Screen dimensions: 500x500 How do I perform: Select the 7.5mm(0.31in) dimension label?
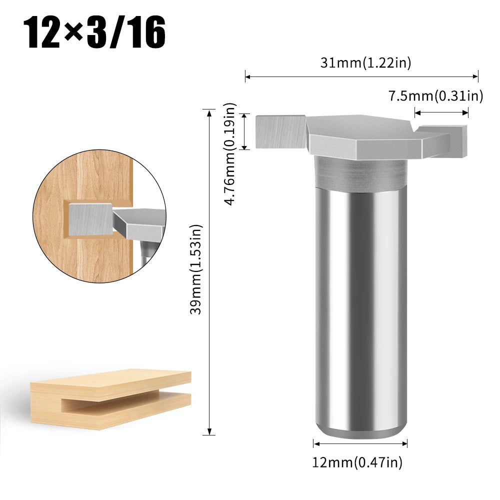(435, 96)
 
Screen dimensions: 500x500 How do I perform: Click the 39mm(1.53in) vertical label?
(197, 270)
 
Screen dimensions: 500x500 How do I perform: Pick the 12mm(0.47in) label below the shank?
(357, 462)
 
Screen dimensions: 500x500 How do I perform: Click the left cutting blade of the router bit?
(280, 131)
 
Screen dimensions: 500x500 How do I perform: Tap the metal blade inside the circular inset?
(90, 220)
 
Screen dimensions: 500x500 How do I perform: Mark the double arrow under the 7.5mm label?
(441, 112)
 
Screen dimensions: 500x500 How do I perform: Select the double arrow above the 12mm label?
(360, 443)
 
